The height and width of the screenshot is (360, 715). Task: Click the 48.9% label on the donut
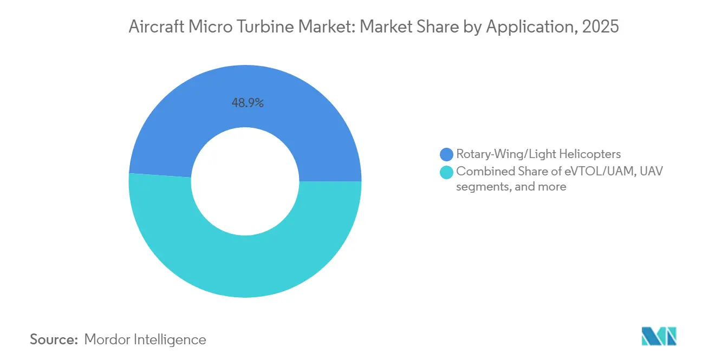coord(248,103)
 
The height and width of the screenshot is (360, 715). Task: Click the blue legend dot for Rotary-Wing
coord(447,154)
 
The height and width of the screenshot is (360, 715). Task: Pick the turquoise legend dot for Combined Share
coord(447,172)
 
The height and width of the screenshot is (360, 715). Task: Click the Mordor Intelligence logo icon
coord(659,337)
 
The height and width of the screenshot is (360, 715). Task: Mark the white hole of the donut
coord(245,181)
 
